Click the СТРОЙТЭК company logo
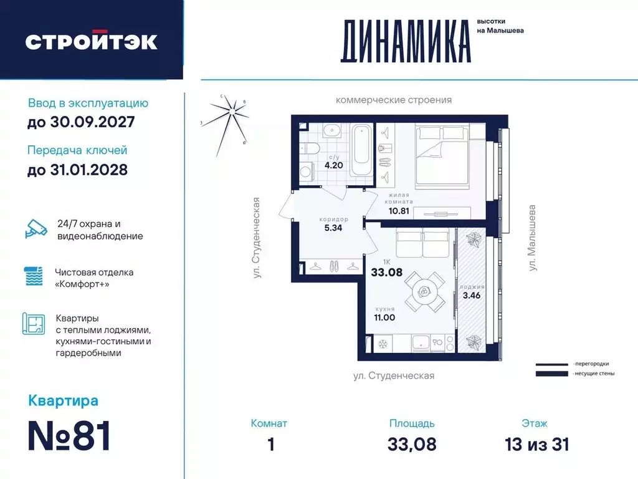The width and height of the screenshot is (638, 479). [91, 41]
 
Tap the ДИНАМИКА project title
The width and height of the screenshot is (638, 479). [405, 42]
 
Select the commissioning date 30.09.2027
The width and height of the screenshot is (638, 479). [81, 122]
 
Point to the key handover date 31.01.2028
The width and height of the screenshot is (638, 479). [78, 169]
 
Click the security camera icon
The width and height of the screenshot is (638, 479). [35, 228]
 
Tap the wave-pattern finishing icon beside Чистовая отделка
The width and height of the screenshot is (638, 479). [35, 276]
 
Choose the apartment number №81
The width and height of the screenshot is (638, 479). [69, 435]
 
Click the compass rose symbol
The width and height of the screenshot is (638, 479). [232, 111]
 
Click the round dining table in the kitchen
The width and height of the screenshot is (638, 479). [423, 291]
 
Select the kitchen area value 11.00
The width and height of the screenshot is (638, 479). [384, 317]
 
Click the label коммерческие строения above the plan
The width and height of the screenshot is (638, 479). [393, 100]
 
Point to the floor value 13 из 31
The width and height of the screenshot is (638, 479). [538, 444]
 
